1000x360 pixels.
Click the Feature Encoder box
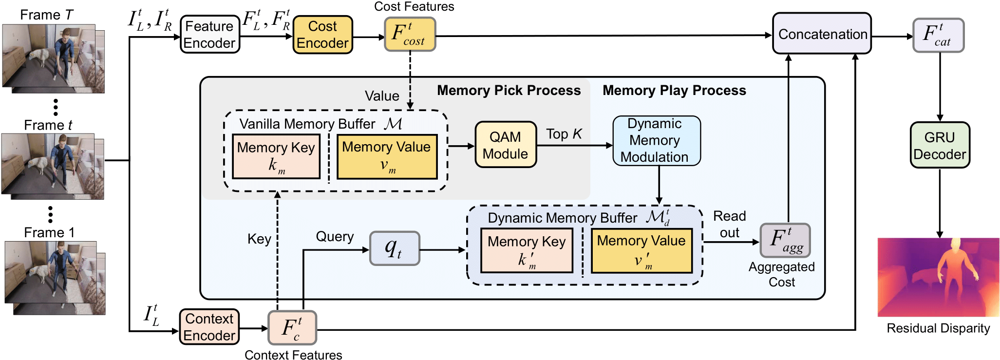click(x=210, y=35)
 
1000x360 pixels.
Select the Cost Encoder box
click(x=322, y=35)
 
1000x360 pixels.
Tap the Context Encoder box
click(x=209, y=327)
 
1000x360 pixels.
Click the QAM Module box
click(x=506, y=145)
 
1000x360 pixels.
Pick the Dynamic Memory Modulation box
click(x=656, y=141)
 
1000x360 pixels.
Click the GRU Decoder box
click(x=940, y=146)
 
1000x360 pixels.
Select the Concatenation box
click(x=822, y=34)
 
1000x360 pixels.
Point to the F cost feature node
click(x=410, y=34)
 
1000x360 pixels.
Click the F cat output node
click(x=938, y=35)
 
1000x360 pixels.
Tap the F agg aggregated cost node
click(x=785, y=240)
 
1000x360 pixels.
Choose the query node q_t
click(x=395, y=248)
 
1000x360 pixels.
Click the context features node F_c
click(x=292, y=328)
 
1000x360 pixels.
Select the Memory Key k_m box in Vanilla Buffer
click(x=276, y=156)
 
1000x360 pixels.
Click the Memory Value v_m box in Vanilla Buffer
click(x=387, y=157)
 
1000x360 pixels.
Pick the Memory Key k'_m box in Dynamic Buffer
click(x=527, y=251)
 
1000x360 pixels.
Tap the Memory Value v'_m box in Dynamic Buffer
click(x=642, y=250)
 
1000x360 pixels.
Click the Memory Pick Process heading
click(x=509, y=91)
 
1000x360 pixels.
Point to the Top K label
click(x=564, y=134)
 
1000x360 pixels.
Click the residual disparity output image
click(x=938, y=277)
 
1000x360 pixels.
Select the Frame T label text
click(x=47, y=15)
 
